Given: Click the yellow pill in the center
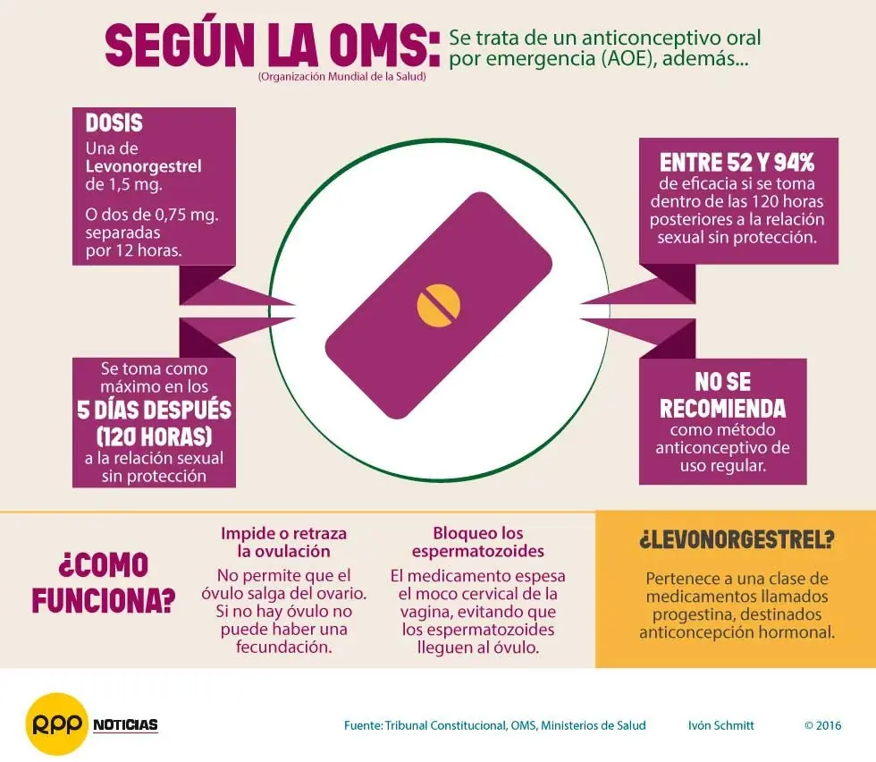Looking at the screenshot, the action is tap(439, 305).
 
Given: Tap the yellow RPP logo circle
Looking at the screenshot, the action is tap(57, 724).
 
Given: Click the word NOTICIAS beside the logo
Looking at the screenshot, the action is tap(126, 725).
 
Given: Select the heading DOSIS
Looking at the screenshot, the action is tap(114, 123).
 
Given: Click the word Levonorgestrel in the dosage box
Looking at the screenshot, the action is tap(144, 166).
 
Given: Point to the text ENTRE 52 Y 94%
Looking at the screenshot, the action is tap(737, 163).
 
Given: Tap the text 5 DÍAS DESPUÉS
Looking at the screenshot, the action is tap(154, 410).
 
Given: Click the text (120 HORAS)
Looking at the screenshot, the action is tap(154, 436).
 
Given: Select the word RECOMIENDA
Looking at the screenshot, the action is tap(723, 409).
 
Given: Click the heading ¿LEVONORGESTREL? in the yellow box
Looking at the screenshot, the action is tap(737, 539).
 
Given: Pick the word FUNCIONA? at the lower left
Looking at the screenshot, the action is tap(104, 601).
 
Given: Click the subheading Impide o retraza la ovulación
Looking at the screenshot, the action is tap(284, 542).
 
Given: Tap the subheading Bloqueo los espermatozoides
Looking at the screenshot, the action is tap(478, 542).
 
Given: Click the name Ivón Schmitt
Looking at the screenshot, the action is tap(720, 725).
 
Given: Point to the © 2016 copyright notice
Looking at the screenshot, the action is tap(823, 725).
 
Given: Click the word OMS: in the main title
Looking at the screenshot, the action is tap(383, 46).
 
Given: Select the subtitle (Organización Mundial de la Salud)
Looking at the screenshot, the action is tap(341, 77).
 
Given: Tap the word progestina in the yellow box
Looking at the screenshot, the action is tap(690, 614).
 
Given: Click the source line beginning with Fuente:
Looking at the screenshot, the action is tap(495, 725).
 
